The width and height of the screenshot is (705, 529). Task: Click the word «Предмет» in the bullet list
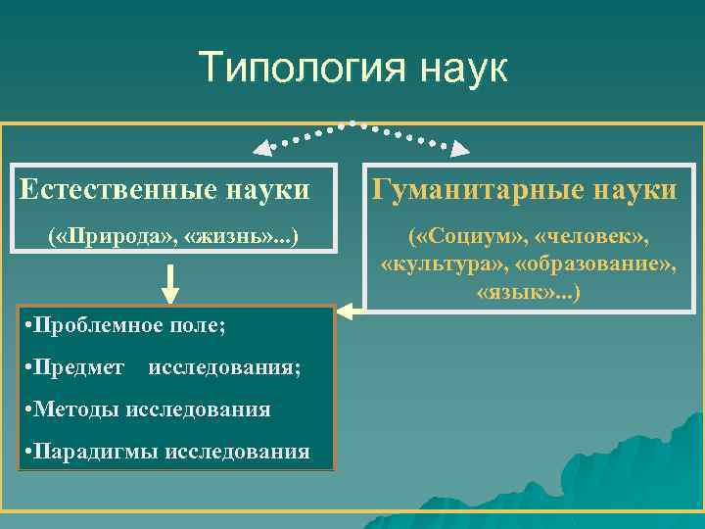82,367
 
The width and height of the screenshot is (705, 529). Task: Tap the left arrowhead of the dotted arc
261,150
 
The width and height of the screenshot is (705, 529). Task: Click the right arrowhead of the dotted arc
459,150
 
